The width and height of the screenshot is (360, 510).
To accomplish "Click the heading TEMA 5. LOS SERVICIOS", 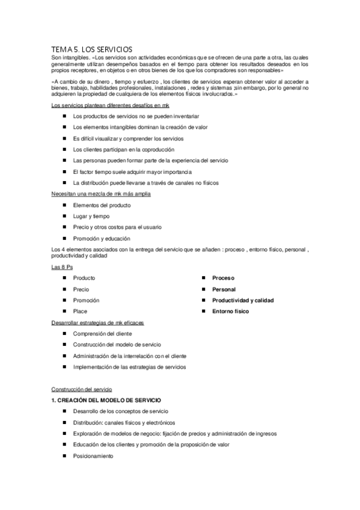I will point(92,49).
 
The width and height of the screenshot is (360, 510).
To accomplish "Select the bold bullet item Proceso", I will point(223,278).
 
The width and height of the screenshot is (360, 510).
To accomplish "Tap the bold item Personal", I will point(224,289).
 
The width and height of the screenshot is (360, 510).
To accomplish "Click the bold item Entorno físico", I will point(230,312).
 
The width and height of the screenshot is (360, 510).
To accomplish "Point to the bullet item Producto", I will point(84,278).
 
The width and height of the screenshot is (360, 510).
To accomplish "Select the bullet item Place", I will point(80,312).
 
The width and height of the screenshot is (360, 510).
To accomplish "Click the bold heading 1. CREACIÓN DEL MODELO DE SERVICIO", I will point(106,400).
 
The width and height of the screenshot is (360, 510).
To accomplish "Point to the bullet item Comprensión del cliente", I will point(103,333).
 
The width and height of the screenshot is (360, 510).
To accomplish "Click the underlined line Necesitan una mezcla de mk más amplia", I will point(101,194).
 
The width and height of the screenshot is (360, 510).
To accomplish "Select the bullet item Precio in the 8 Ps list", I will point(81,289).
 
